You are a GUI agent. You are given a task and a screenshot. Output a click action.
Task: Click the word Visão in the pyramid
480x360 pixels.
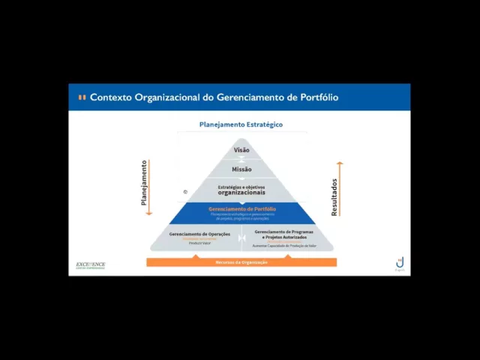(241, 150)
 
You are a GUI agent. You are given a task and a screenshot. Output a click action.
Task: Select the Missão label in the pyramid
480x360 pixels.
(241, 169)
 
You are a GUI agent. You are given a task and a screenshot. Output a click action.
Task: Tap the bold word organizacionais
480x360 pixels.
(241, 193)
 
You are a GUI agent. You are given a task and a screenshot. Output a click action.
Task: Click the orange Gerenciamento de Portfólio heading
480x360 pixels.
(241, 208)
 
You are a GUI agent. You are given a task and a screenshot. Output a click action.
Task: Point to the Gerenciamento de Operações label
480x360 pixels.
(199, 234)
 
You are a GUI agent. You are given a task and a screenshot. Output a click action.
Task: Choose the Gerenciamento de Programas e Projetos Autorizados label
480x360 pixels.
(284, 234)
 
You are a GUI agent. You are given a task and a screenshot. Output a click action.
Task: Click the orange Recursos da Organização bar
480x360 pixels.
(241, 262)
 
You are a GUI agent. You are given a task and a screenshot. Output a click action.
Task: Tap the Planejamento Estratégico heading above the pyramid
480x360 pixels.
(241, 124)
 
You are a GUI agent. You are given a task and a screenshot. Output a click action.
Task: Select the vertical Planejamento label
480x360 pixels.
(144, 183)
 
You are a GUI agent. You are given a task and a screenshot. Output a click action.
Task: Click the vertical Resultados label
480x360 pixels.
(334, 196)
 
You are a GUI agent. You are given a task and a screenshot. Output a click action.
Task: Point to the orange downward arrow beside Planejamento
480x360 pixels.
(149, 187)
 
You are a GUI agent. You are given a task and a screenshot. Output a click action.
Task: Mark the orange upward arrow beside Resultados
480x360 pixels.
(340, 187)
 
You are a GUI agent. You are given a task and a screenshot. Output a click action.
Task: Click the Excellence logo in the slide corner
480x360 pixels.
(91, 265)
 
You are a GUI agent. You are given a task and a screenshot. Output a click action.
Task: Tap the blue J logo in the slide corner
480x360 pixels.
(400, 263)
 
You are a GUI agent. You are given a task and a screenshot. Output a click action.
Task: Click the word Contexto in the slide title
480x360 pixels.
(111, 97)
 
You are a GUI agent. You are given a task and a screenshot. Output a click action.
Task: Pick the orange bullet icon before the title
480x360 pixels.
(82, 97)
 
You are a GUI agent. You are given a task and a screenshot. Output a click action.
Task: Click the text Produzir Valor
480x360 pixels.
(199, 244)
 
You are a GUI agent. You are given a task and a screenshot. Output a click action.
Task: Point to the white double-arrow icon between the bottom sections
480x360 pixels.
(241, 238)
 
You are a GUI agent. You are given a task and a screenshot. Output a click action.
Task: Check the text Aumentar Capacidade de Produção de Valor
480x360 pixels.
(284, 245)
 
